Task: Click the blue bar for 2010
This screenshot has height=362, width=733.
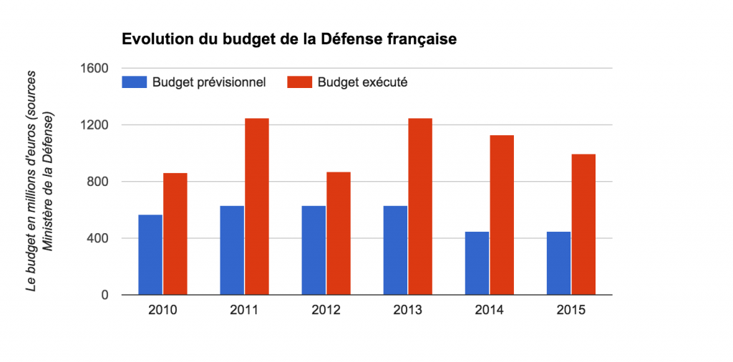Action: coord(150,255)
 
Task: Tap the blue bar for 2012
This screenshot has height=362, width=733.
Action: coord(314,250)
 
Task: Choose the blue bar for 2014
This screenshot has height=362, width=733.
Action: coord(477,263)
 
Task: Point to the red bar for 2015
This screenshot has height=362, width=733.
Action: coord(583,224)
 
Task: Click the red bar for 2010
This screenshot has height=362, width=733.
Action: coord(175,233)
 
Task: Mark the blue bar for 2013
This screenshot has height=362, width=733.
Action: coord(395,250)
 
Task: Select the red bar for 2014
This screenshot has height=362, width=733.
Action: coord(502,215)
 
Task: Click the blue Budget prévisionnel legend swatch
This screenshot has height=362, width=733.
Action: coord(134,82)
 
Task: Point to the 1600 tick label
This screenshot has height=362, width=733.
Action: coord(94,69)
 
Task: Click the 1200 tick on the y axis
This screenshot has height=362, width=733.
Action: coord(94,125)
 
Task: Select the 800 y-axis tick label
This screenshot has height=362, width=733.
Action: coord(97,182)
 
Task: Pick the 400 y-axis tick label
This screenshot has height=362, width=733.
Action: coord(97,238)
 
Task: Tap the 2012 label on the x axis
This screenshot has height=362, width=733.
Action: coord(326,310)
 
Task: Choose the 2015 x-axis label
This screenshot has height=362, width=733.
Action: coord(571,310)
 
